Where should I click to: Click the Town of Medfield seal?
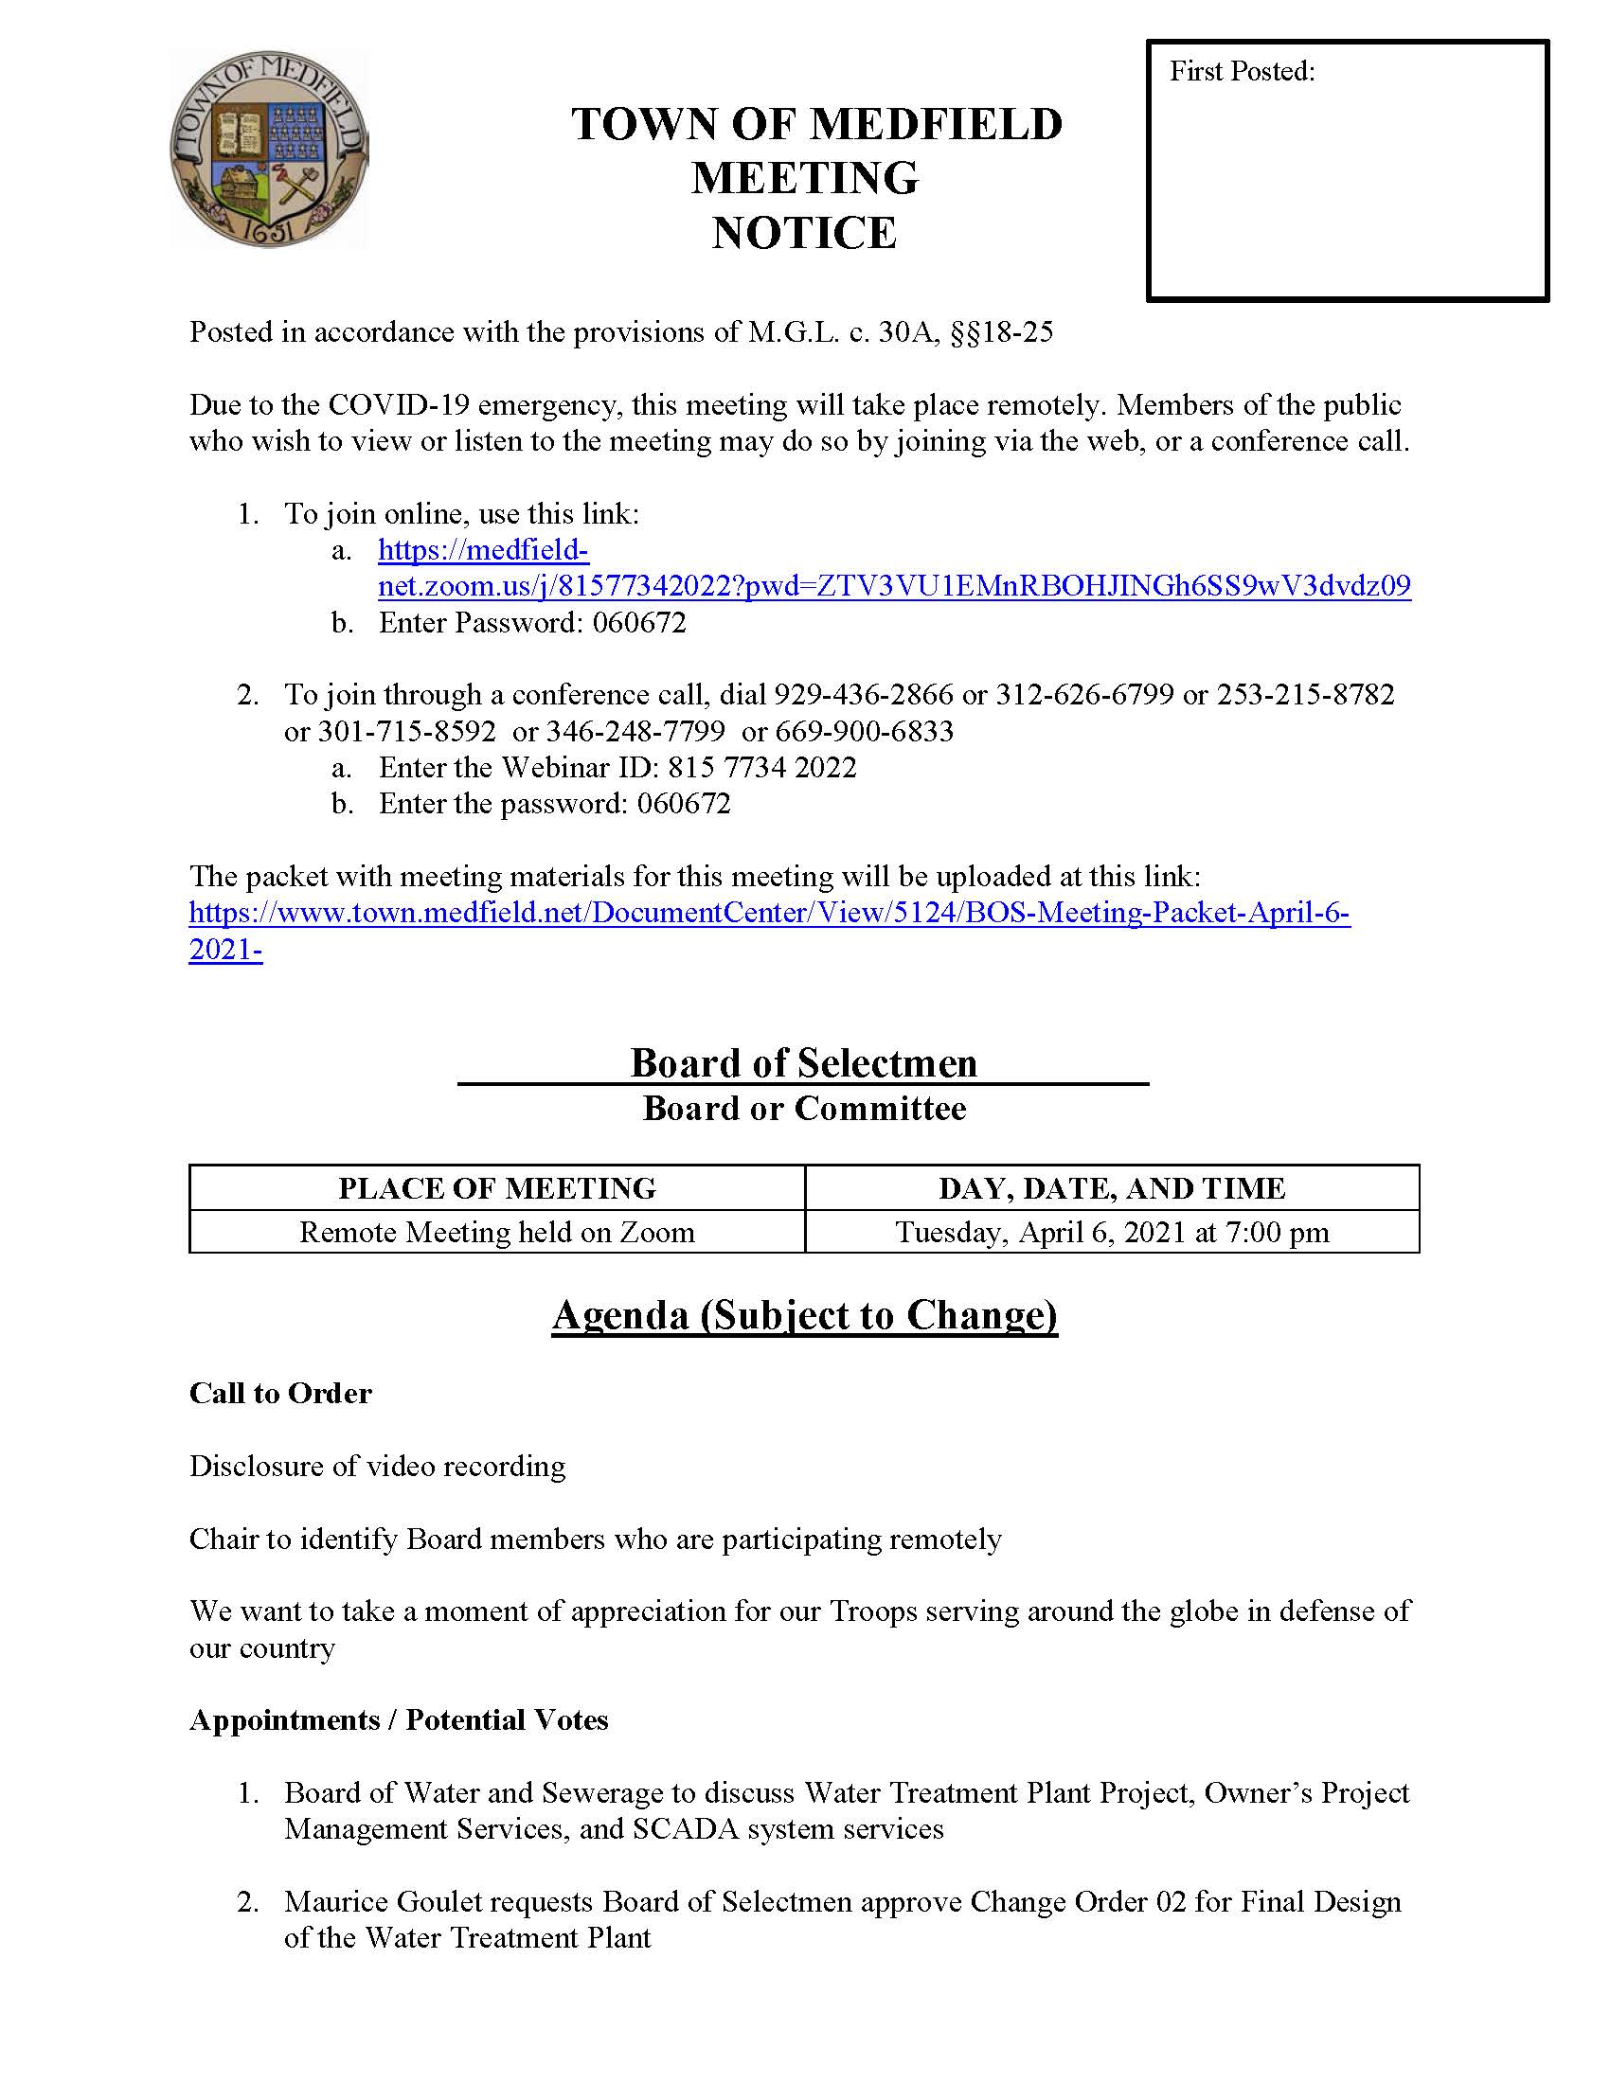(x=268, y=150)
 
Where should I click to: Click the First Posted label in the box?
(x=1242, y=72)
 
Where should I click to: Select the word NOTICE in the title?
(x=804, y=234)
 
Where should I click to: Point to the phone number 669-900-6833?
(x=864, y=732)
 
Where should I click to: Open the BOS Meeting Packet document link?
(x=769, y=913)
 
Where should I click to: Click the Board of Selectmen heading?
(x=803, y=1063)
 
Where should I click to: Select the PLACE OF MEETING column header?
(x=497, y=1188)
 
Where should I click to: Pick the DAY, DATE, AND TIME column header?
(x=1111, y=1188)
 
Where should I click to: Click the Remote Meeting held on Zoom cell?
(x=497, y=1232)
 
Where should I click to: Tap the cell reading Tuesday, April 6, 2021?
(x=1111, y=1232)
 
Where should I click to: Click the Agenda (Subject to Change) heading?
(x=804, y=1315)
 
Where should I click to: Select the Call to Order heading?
(x=280, y=1394)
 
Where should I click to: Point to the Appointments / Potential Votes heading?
(x=399, y=1719)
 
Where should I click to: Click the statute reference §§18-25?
(x=1001, y=332)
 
